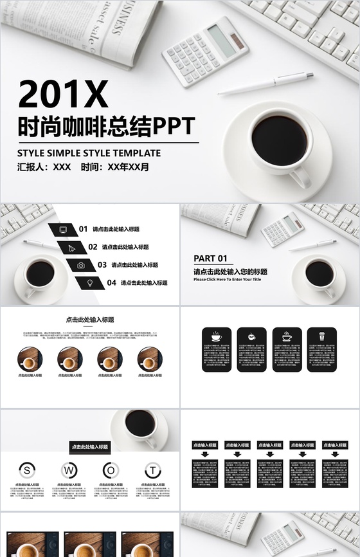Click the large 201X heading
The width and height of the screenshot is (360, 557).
point(62,94)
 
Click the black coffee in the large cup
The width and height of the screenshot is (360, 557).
point(278,138)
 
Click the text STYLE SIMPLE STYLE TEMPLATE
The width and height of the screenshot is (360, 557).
point(89,153)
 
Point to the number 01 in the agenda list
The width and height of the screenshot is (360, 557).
point(83,229)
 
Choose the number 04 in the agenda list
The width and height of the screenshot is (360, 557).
point(111,282)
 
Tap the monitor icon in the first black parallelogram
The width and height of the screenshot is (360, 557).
point(63,229)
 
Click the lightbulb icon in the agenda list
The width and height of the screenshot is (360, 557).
point(90,282)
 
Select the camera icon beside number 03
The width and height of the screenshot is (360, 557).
point(81,265)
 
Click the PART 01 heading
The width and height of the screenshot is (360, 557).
point(210,259)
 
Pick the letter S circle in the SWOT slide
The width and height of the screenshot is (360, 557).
point(28,470)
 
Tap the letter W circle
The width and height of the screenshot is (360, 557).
point(69,470)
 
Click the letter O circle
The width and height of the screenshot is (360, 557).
point(111,470)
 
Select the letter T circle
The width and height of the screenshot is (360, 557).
point(152,470)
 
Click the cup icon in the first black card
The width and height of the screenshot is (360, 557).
point(217,336)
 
